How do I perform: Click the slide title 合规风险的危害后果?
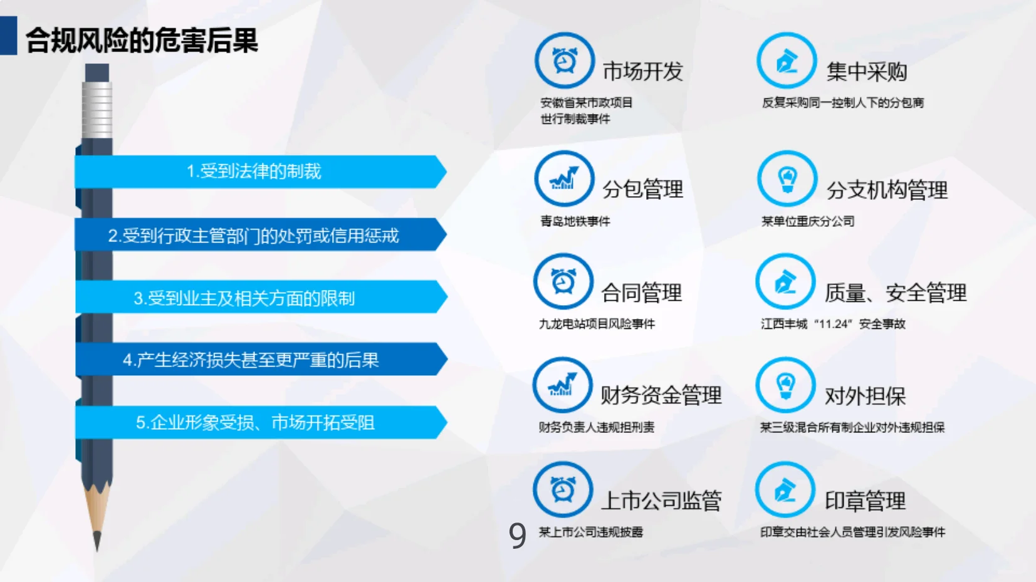coord(142,41)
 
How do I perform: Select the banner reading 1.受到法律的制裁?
coord(254,171)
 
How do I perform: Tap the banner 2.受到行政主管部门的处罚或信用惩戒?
coord(254,236)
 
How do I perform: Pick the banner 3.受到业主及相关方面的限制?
coord(244,298)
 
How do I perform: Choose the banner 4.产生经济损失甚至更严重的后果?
coord(251,360)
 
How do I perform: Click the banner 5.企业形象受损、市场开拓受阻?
coord(255,422)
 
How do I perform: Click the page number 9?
coord(517,535)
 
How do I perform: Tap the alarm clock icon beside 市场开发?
coord(564,61)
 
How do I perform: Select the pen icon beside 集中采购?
coord(787,61)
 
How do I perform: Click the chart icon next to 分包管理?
coord(564,179)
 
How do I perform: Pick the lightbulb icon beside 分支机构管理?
coord(787,179)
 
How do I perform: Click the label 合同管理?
coord(641,293)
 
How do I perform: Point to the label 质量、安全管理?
coord(895,293)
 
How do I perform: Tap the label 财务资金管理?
coord(661,395)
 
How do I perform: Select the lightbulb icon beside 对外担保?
coord(785,385)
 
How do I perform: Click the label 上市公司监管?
coord(661,501)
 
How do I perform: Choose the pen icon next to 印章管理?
coord(785,490)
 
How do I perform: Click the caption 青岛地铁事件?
coord(575,221)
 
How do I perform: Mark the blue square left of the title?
coord(9,36)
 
